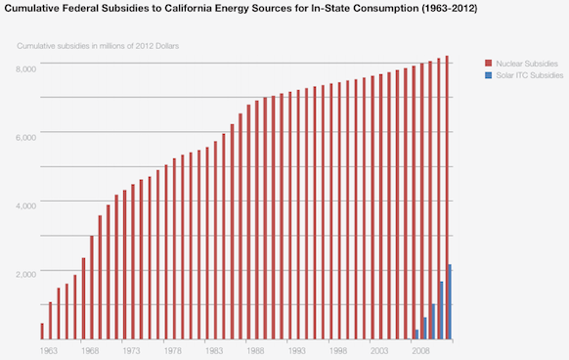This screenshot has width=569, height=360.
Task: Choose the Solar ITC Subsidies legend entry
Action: (529, 75)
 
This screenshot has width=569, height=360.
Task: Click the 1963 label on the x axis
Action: (48, 349)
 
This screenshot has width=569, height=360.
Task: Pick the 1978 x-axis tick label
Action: (173, 349)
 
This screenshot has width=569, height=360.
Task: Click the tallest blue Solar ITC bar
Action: (450, 302)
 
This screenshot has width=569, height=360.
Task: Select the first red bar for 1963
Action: (42, 332)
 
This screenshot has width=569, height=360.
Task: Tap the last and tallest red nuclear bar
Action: (447, 196)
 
